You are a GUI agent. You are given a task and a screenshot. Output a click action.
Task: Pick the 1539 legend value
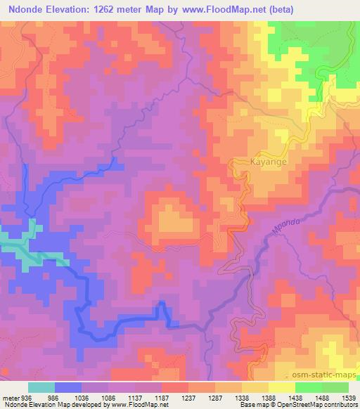point(347,396)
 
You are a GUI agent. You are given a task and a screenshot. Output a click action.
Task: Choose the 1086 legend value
point(109,396)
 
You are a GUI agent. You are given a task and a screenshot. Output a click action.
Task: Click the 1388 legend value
point(268,396)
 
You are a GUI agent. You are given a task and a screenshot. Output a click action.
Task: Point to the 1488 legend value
point(321,396)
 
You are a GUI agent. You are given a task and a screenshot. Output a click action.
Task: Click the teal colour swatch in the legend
point(41,387)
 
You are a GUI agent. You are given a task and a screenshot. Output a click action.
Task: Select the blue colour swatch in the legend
point(68,387)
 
